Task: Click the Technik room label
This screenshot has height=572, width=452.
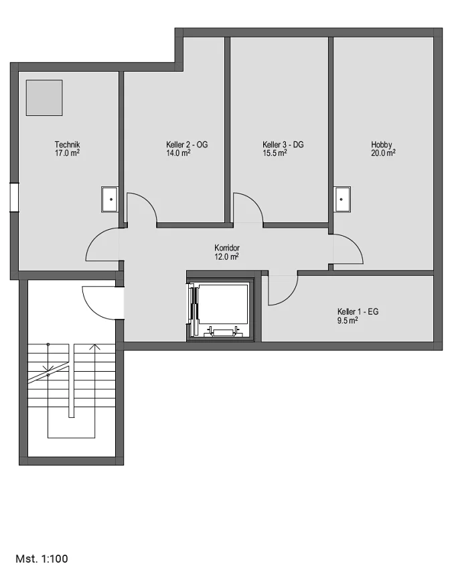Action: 67,145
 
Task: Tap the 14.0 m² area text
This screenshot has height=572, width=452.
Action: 178,153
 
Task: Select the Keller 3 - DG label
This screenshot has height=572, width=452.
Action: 283,145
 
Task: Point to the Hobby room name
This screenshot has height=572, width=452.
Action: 382,145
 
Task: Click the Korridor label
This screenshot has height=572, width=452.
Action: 227,248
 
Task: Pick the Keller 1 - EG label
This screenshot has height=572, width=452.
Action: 358,311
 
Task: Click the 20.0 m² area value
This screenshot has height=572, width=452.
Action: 384,153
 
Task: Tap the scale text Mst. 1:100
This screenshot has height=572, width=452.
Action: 42,559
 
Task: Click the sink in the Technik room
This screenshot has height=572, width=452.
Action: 110,200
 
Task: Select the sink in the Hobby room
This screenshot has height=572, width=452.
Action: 343,200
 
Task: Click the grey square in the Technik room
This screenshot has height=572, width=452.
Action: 44,98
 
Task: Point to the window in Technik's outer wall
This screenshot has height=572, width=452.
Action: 14,197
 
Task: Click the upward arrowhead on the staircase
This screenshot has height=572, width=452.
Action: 95,346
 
